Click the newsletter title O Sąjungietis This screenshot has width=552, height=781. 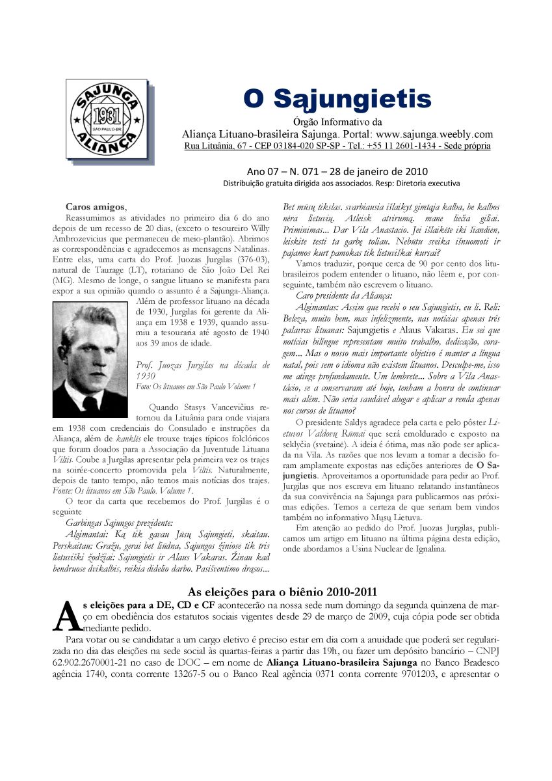pos(337,100)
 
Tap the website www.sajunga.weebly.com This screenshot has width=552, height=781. pos(432,135)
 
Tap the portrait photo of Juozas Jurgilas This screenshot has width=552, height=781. pos(90,359)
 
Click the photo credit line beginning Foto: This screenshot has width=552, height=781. pos(196,387)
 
